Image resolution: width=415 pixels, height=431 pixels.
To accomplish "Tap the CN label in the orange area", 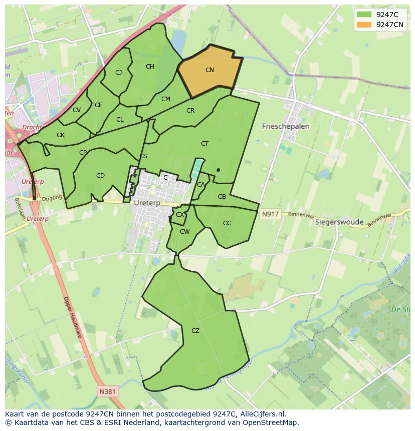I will tap(210, 70).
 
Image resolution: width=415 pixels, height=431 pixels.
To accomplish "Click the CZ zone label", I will tap(195, 331).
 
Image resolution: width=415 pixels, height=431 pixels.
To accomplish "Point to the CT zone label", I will tap(204, 144).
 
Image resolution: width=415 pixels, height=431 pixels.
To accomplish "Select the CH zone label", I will tap(150, 67).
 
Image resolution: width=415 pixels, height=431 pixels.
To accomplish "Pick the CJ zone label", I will tap(119, 73).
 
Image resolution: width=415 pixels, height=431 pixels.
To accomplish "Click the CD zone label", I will tap(100, 176).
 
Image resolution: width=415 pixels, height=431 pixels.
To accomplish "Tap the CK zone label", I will tap(61, 135).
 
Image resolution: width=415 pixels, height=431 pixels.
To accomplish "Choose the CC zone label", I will tap(227, 223).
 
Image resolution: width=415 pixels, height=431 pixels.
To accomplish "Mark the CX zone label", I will tap(179, 215).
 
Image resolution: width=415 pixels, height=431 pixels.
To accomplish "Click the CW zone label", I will tap(185, 232).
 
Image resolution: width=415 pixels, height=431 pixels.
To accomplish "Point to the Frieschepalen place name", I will tap(286, 127).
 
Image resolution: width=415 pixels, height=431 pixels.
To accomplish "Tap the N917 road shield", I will tap(270, 214).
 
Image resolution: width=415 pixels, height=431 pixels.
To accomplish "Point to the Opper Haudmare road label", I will tap(72, 317).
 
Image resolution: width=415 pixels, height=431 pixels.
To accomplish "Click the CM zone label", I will tap(166, 99).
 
